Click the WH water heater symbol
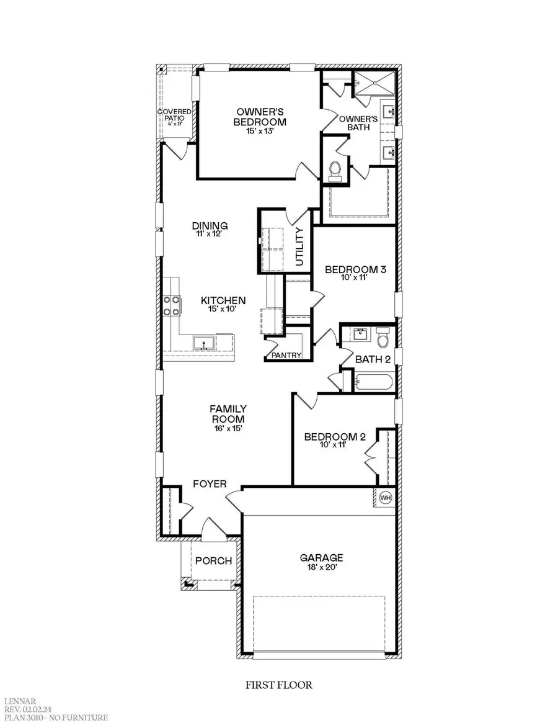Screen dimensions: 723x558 point(384,498)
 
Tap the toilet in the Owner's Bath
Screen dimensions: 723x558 point(335,169)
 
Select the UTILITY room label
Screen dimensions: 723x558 point(300,247)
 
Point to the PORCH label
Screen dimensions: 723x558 point(213,561)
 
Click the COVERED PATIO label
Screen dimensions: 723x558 point(174,117)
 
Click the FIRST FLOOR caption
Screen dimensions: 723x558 point(280,686)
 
